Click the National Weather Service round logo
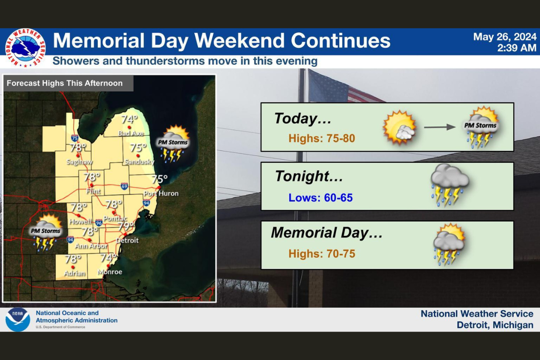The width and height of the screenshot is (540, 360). click(25, 48)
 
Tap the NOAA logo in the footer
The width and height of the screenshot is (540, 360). click(18, 319)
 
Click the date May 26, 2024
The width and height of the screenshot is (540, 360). click(504, 37)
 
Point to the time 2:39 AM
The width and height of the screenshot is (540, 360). click(517, 48)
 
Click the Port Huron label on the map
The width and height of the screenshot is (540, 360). click(161, 193)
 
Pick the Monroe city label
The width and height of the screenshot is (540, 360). click(110, 272)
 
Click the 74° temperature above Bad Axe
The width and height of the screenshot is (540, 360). click(129, 120)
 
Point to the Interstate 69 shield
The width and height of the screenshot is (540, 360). click(124, 186)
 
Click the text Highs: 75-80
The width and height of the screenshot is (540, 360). click(322, 139)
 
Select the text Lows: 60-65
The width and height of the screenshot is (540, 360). click(320, 198)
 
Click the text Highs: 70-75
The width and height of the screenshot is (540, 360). click(322, 254)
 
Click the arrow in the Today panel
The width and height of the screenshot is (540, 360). click(440, 127)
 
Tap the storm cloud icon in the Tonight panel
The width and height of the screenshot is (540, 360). click(450, 185)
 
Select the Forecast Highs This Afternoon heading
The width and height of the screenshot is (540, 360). click(64, 83)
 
